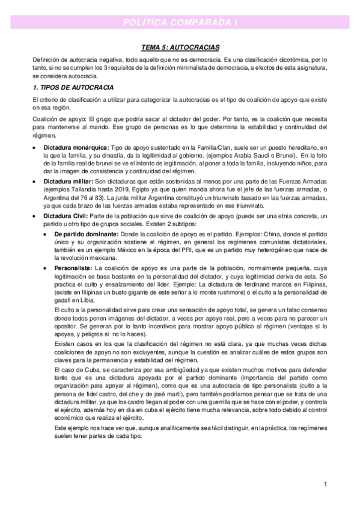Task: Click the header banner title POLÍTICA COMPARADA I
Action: click(180, 22)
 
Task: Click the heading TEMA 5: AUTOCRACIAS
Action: click(180, 47)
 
